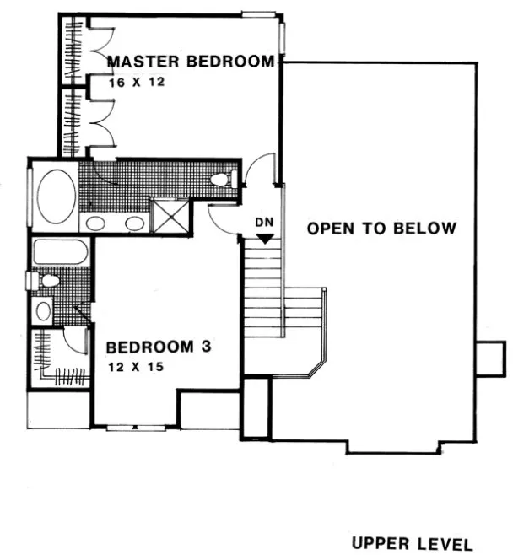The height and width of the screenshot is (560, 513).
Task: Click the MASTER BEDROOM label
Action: coord(191,62)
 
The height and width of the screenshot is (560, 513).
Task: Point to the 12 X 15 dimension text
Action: coord(134,368)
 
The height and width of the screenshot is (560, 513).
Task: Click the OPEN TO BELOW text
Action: coord(381,229)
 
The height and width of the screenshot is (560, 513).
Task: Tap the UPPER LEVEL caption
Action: coord(413,544)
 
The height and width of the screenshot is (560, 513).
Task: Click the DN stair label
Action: coord(265,223)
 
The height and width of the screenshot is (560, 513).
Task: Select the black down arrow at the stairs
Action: coord(265,239)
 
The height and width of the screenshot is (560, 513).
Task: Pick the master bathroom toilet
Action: coord(222,179)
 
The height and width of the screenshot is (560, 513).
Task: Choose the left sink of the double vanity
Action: coord(95,223)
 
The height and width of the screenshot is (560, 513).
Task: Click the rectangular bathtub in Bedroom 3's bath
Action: coord(60,252)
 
